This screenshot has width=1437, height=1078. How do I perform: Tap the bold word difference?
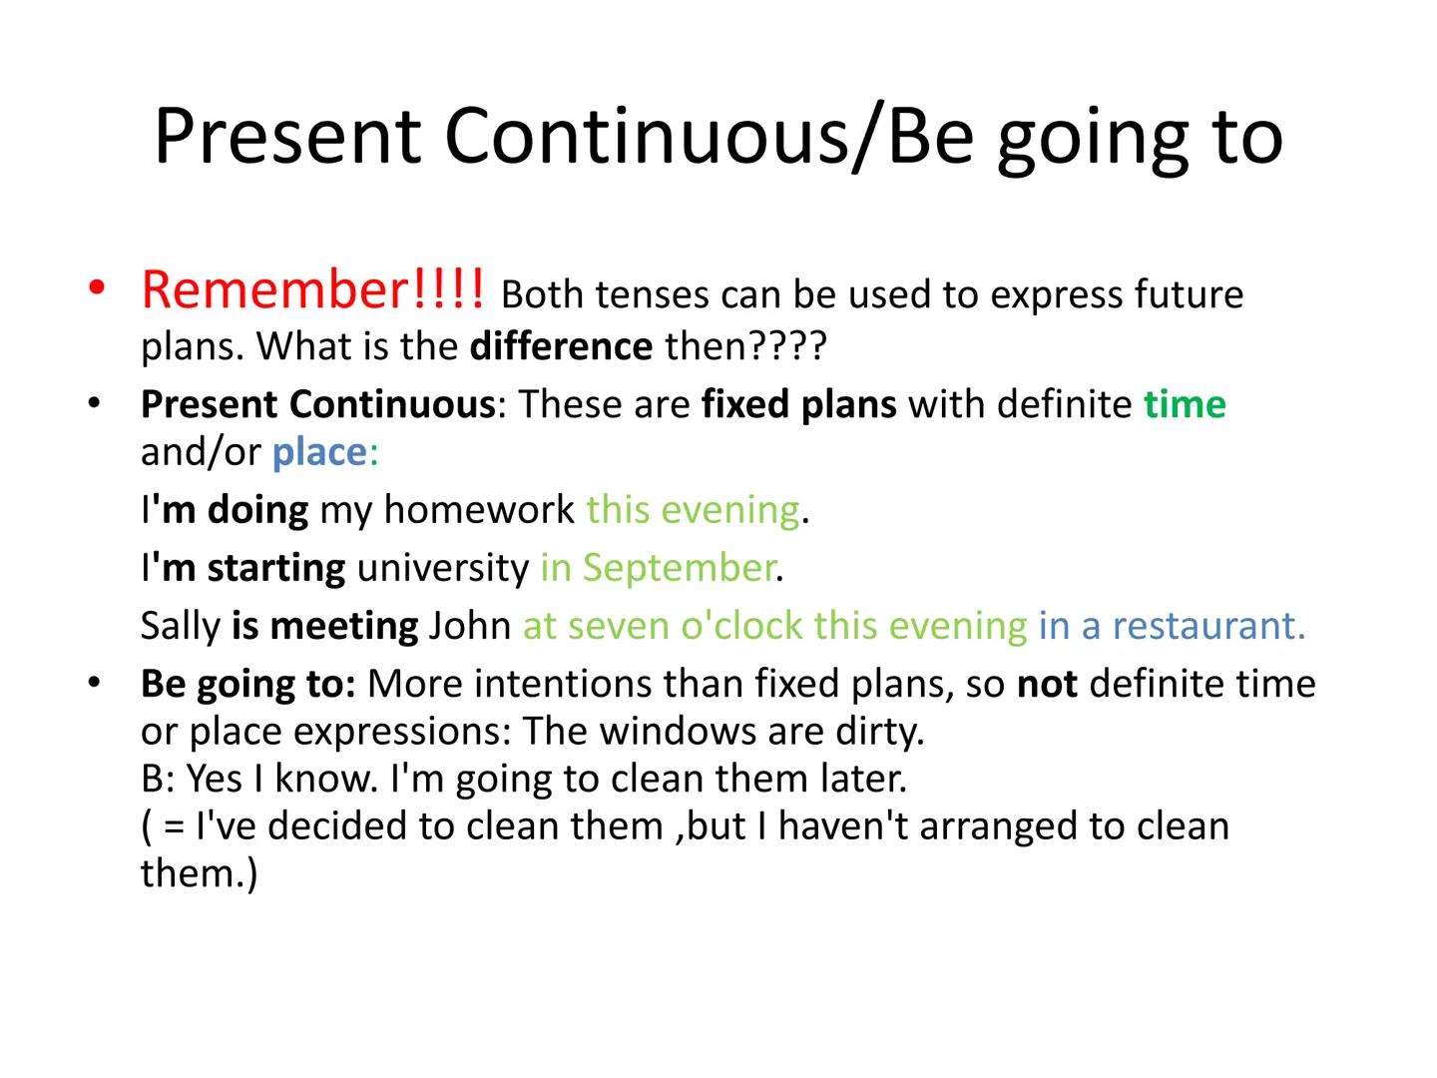[x=561, y=346]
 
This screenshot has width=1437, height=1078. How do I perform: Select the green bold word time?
[x=1185, y=404]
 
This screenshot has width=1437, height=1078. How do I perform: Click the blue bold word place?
[x=319, y=452]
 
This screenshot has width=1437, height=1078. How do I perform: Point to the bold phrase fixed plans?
[x=798, y=404]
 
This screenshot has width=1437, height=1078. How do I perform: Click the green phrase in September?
[x=657, y=568]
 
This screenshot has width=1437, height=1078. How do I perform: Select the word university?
[x=442, y=568]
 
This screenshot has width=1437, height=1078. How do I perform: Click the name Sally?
[x=180, y=626]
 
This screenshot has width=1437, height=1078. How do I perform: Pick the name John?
[x=469, y=626]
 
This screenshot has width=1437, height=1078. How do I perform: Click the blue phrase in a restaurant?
[x=1171, y=626]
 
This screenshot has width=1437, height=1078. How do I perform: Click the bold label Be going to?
[x=247, y=684]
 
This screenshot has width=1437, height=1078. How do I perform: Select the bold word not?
[x=1046, y=684]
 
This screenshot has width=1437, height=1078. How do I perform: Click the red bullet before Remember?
[x=96, y=289]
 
